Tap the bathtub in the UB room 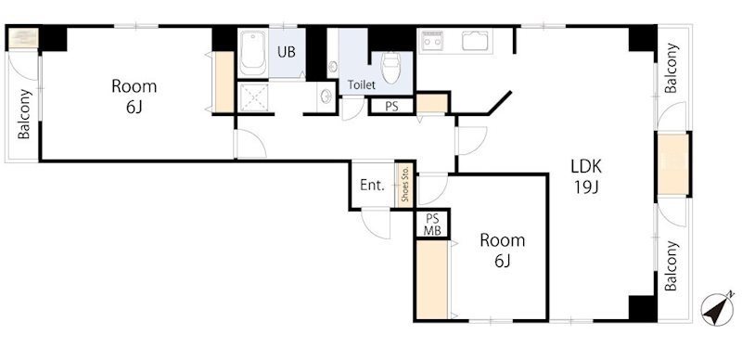click(x=252, y=53)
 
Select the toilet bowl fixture click(x=390, y=66)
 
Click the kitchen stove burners click(x=431, y=40)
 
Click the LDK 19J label click(x=586, y=177)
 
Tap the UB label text click(x=287, y=52)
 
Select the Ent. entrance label click(x=372, y=186)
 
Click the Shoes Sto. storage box click(x=405, y=186)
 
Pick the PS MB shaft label click(x=432, y=225)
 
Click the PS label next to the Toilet click(x=391, y=107)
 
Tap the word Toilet click(x=362, y=85)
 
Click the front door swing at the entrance click(x=377, y=224)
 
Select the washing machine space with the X click(x=253, y=97)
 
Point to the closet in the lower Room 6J click(x=432, y=279)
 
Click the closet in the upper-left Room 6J click(x=224, y=82)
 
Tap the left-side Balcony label click(x=24, y=114)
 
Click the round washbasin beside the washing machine click(x=326, y=96)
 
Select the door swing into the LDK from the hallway click(x=471, y=141)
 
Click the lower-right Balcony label click(x=671, y=265)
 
